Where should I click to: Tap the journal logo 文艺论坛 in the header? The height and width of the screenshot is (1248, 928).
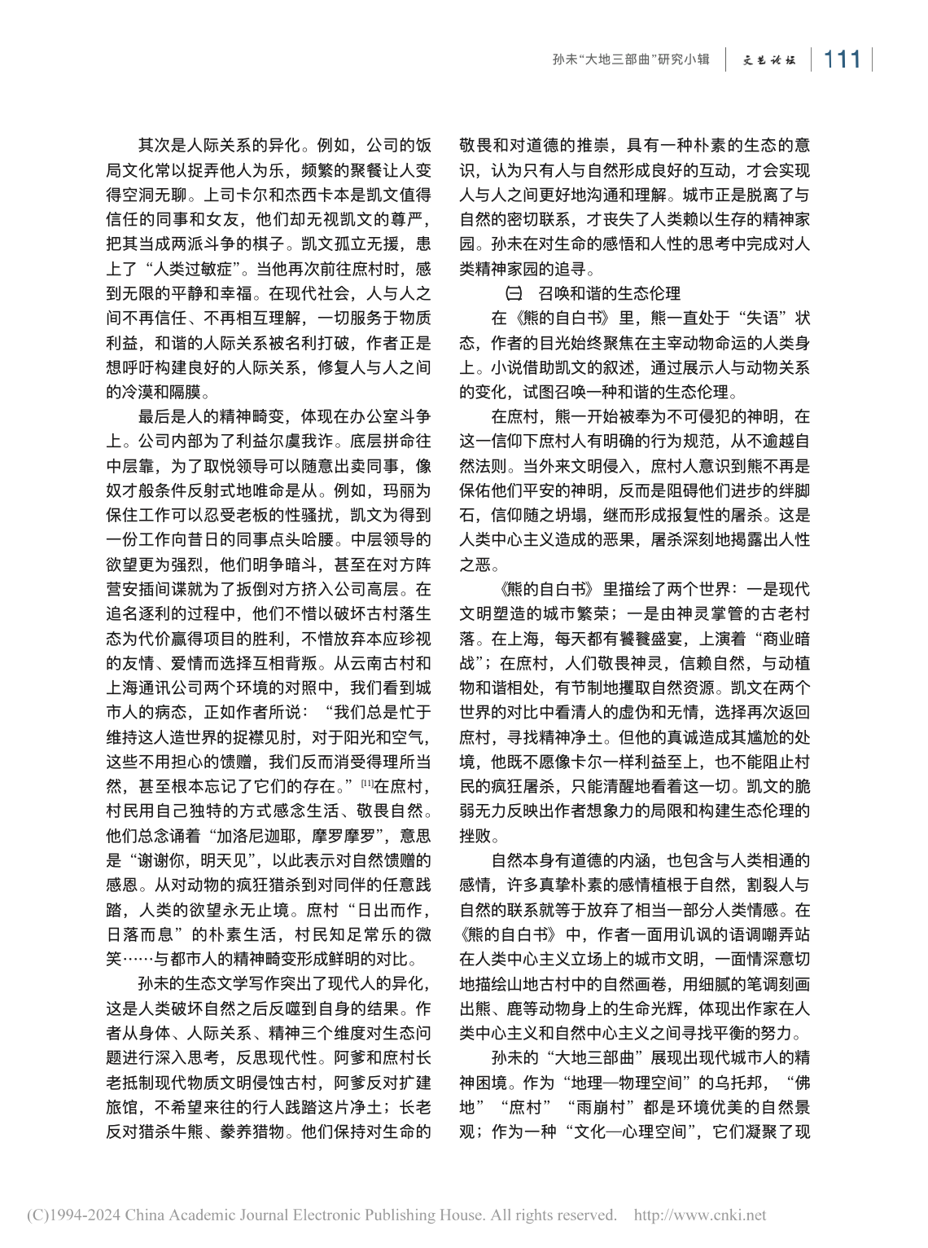coord(768,60)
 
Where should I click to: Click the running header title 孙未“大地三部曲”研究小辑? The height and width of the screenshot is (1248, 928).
coord(631,60)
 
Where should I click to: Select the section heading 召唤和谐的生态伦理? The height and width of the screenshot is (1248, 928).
coord(609,293)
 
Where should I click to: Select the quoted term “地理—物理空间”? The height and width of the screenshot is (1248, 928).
coord(621,1083)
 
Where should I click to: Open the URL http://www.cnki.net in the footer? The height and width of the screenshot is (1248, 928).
coord(699,1215)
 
